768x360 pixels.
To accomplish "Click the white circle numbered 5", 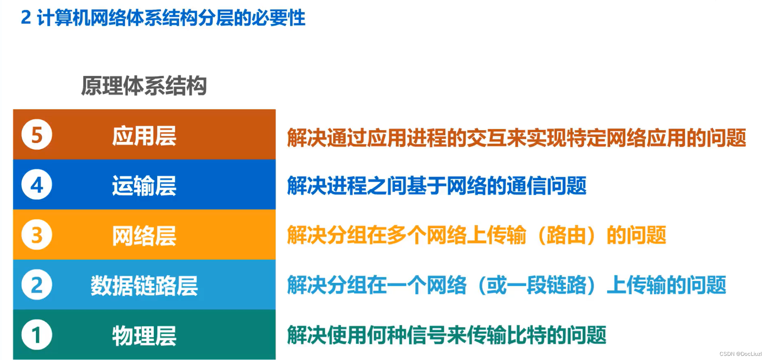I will tap(37, 135).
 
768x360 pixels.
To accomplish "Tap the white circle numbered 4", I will tap(37, 185).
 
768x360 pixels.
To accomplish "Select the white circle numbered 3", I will tap(37, 235).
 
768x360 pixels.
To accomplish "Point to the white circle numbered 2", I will tap(37, 285).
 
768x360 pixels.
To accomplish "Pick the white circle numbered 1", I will tap(37, 335).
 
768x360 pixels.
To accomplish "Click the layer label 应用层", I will tap(144, 136).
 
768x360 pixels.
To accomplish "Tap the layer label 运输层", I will tap(144, 186).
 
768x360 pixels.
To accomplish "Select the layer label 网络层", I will tap(144, 236).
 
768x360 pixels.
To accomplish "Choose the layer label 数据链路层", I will tap(144, 286).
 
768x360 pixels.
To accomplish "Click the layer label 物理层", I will tap(144, 336).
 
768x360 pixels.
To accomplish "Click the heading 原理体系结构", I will tap(144, 86).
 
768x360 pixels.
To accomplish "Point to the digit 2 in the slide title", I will tap(26, 18).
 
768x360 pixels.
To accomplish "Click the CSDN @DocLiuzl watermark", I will tap(740, 354).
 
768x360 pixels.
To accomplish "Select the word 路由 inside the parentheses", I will tap(566, 236).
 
